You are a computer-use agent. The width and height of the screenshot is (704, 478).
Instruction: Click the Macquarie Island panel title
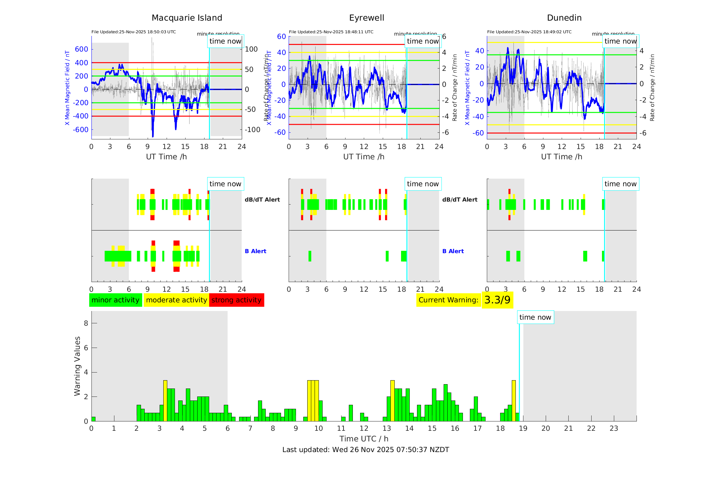(187, 18)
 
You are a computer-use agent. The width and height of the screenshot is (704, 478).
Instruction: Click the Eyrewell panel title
(366, 18)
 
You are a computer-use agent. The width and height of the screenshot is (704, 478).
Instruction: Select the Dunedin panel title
(564, 18)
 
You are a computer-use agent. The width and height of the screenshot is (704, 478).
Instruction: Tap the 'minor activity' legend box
(115, 300)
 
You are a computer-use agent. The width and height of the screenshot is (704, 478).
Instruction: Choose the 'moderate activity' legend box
(176, 300)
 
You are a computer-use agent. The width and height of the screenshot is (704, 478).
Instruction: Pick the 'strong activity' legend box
(236, 300)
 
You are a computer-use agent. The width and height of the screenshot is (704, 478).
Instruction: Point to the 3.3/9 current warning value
(497, 300)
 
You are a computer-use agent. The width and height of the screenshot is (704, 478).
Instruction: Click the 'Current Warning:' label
(448, 300)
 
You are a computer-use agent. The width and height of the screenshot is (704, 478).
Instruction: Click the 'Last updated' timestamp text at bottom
(365, 450)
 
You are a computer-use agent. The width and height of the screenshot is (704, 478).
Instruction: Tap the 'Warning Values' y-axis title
(77, 366)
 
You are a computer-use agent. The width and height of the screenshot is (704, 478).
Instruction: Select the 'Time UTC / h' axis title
(364, 439)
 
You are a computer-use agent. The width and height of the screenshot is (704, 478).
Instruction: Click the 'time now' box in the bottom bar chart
(535, 317)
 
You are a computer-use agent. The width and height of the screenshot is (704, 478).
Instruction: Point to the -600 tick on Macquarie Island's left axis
(81, 130)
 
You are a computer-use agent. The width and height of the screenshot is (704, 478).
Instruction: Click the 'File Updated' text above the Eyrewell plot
(331, 32)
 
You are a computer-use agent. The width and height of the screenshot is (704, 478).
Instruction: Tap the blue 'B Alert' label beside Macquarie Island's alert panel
(255, 251)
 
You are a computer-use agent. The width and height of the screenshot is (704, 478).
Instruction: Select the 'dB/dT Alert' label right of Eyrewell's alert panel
(460, 200)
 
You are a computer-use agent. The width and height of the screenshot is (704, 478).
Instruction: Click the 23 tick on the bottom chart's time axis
(614, 428)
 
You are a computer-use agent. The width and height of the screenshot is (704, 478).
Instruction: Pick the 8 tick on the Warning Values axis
(86, 323)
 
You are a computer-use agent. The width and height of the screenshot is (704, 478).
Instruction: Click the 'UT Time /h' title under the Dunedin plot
(561, 157)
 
